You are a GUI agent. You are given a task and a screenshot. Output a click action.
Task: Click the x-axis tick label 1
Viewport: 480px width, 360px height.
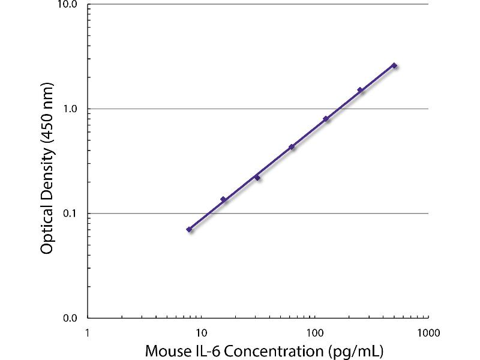88,331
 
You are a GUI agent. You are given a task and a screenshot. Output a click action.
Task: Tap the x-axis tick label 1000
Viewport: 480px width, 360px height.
427,331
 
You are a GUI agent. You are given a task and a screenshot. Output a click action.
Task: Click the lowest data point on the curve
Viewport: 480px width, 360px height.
189,229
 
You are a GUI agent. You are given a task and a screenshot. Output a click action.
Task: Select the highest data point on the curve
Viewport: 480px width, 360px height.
394,65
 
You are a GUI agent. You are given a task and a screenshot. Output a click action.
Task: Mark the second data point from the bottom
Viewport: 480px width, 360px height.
223,199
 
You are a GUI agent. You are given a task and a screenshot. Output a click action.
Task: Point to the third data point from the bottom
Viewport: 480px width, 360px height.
257,178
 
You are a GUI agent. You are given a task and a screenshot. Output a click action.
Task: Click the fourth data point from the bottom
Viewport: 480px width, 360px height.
292,147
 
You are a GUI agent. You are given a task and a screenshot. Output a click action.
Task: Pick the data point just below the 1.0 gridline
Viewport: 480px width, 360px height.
326,119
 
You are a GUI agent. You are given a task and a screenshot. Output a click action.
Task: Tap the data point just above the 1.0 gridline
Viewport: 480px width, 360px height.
360,90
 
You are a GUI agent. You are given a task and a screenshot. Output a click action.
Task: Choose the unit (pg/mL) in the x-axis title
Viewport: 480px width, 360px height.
356,349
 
